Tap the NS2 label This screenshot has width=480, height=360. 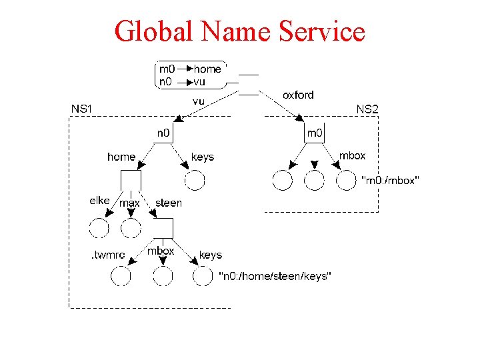[367, 108]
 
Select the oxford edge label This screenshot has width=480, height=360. [298, 95]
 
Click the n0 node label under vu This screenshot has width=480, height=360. [163, 133]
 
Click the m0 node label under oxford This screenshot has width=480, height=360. [315, 133]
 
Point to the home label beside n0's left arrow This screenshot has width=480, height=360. [121, 157]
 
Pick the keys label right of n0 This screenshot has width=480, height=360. [203, 157]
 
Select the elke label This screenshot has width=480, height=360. [99, 200]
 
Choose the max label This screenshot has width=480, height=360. [129, 202]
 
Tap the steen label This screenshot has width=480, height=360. [168, 202]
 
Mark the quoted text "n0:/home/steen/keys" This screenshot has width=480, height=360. [275, 275]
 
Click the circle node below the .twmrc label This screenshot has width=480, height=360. [121, 275]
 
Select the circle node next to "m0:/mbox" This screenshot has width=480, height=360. [346, 180]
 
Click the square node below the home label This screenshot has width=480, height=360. [131, 180]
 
